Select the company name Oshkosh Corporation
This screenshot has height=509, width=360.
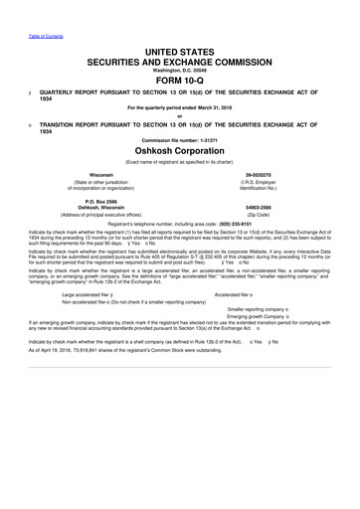(179, 163)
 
